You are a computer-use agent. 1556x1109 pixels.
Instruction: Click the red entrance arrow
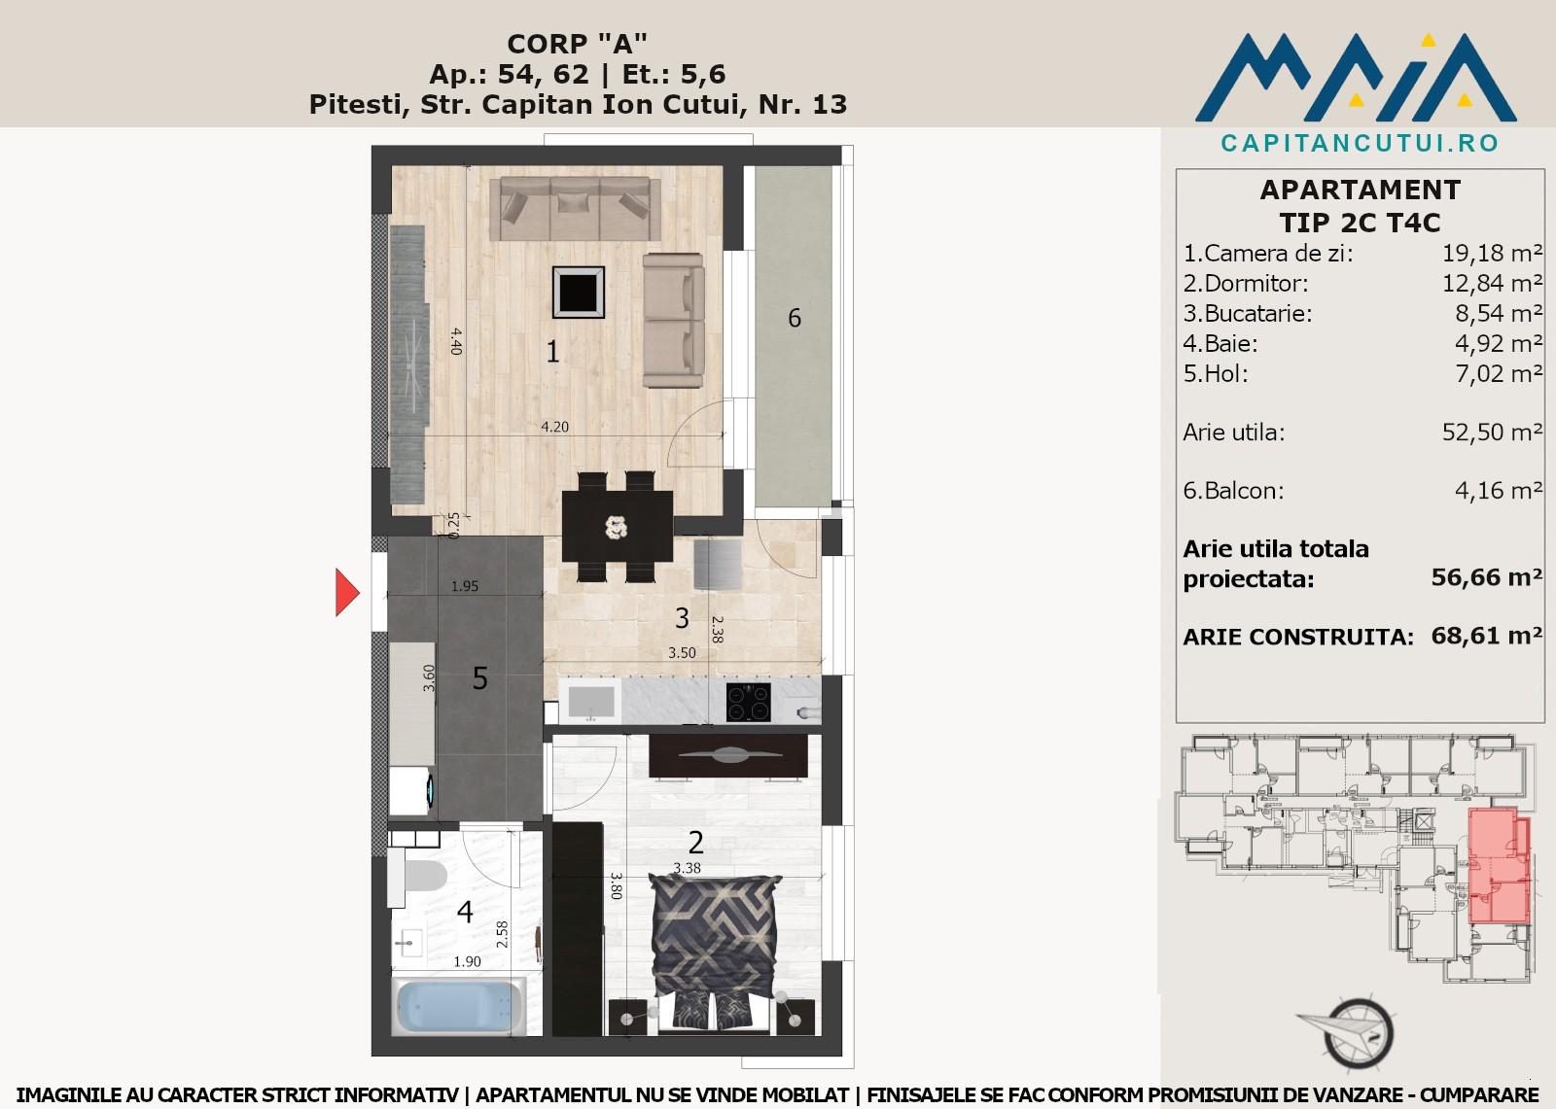pyautogui.click(x=347, y=592)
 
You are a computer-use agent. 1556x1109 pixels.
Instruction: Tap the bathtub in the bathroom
pyautogui.click(x=460, y=1005)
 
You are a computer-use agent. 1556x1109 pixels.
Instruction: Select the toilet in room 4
pyautogui.click(x=418, y=877)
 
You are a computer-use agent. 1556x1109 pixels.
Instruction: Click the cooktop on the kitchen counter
pyautogui.click(x=748, y=702)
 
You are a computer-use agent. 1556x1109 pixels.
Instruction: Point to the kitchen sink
pyautogui.click(x=590, y=701)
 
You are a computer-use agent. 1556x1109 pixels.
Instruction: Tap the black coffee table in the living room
pyautogui.click(x=579, y=293)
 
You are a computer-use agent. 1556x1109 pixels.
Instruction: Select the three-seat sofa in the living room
pyautogui.click(x=575, y=208)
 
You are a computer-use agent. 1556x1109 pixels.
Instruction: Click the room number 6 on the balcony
pyautogui.click(x=795, y=318)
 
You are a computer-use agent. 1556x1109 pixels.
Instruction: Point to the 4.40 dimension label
pyautogui.click(x=456, y=341)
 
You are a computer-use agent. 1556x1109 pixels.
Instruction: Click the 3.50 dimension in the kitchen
pyautogui.click(x=682, y=653)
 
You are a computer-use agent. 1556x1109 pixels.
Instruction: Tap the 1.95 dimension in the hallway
pyautogui.click(x=465, y=586)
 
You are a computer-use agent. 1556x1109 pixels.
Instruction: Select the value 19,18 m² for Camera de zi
pyautogui.click(x=1492, y=254)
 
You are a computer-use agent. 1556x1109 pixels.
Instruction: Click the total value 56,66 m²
pyautogui.click(x=1487, y=577)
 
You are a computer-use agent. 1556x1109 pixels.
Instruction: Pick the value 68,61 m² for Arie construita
pyautogui.click(x=1487, y=636)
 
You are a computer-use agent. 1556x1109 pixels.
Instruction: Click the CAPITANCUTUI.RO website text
pyautogui.click(x=1360, y=143)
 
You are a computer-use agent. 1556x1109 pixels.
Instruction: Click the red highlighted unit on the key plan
pyautogui.click(x=1499, y=865)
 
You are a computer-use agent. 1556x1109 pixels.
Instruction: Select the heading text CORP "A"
pyautogui.click(x=578, y=44)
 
